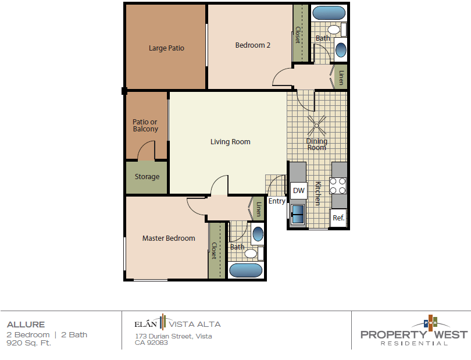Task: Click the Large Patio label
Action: pyautogui.click(x=166, y=48)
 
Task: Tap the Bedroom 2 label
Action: pyautogui.click(x=252, y=45)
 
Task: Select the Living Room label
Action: pyautogui.click(x=230, y=141)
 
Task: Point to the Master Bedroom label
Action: pyautogui.click(x=169, y=238)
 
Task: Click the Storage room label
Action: pyautogui.click(x=147, y=177)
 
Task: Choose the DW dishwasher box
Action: pyautogui.click(x=298, y=190)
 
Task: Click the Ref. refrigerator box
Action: pyautogui.click(x=338, y=218)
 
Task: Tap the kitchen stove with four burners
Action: pyautogui.click(x=338, y=186)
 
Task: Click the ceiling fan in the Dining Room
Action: pyautogui.click(x=317, y=123)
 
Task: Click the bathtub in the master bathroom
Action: pyautogui.click(x=246, y=270)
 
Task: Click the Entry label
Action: pyautogui.click(x=277, y=201)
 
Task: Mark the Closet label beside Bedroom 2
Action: pyautogui.click(x=298, y=35)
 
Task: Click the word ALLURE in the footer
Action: pyautogui.click(x=26, y=325)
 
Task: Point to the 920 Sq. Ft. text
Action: pyautogui.click(x=28, y=343)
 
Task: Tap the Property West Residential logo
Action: pyautogui.click(x=413, y=333)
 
